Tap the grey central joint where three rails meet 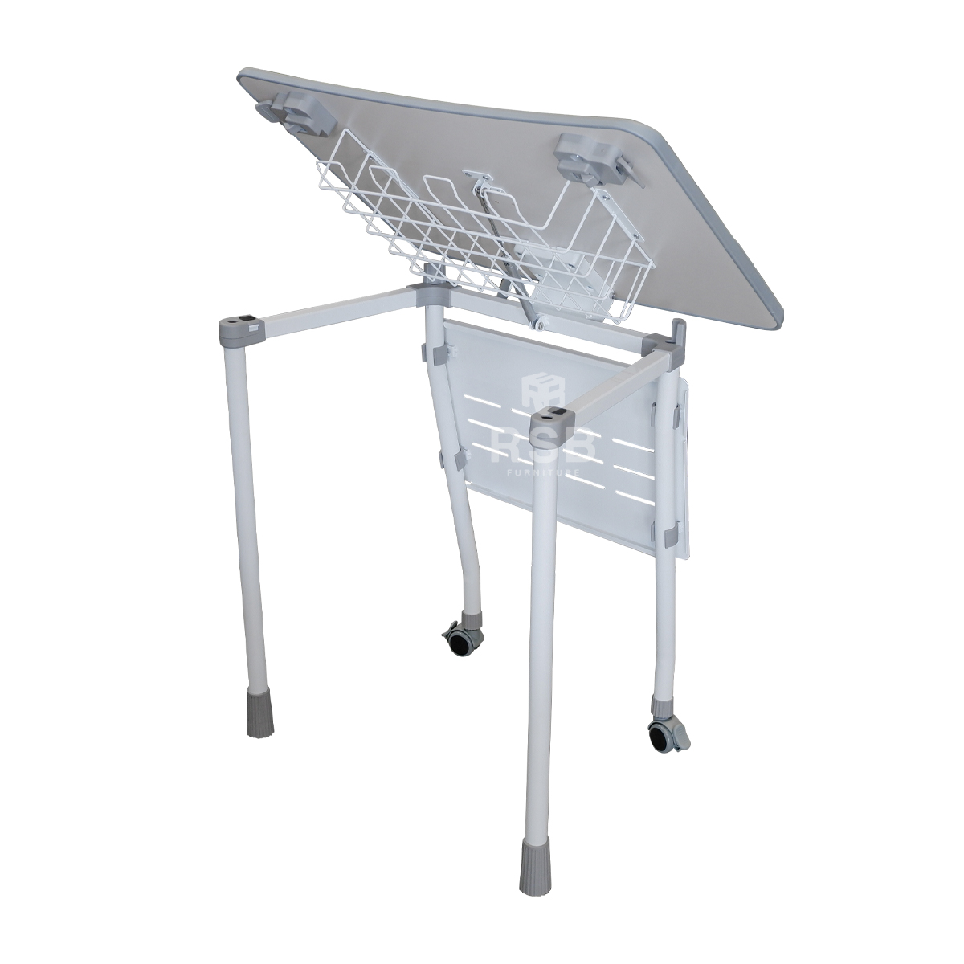pyautogui.click(x=430, y=294)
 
